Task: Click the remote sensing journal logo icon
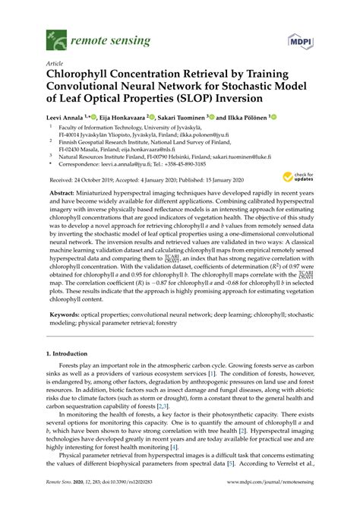point(55,36)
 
